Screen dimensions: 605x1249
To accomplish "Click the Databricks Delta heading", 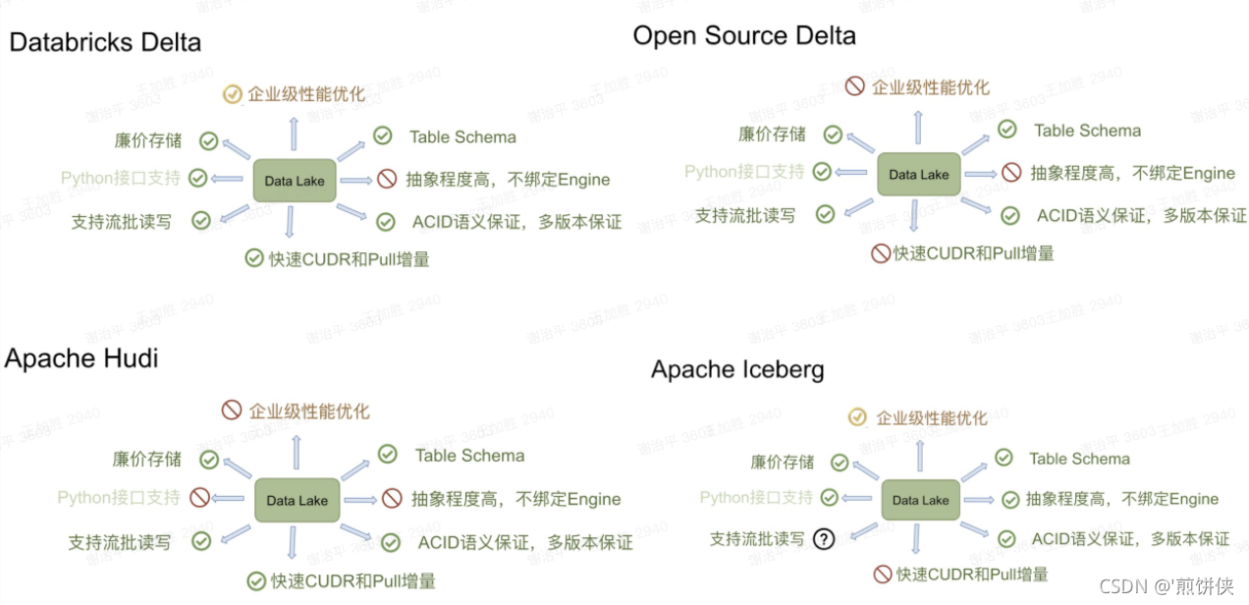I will [105, 43].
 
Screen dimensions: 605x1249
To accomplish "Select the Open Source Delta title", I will [743, 36].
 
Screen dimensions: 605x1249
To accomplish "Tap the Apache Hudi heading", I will [81, 358].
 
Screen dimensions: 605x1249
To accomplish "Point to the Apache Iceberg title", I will [736, 370].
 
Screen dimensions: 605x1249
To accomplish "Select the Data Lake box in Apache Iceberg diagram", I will [920, 500].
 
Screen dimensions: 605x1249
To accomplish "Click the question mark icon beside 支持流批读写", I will [824, 538].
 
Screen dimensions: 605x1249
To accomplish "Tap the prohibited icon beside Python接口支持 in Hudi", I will [199, 497].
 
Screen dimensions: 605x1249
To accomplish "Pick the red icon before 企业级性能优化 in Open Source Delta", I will [854, 86].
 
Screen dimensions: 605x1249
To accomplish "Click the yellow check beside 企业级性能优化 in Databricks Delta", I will [233, 94].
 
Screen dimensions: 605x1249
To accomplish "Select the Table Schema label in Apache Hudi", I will [469, 456].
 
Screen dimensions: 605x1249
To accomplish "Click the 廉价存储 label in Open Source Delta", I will [772, 135].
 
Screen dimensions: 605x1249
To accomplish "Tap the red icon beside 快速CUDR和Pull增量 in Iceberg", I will [882, 575].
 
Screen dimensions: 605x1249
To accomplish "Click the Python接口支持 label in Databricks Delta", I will [121, 179].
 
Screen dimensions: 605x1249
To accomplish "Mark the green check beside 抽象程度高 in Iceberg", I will [1008, 499].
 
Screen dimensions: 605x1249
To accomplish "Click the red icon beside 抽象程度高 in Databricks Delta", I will [387, 180].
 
